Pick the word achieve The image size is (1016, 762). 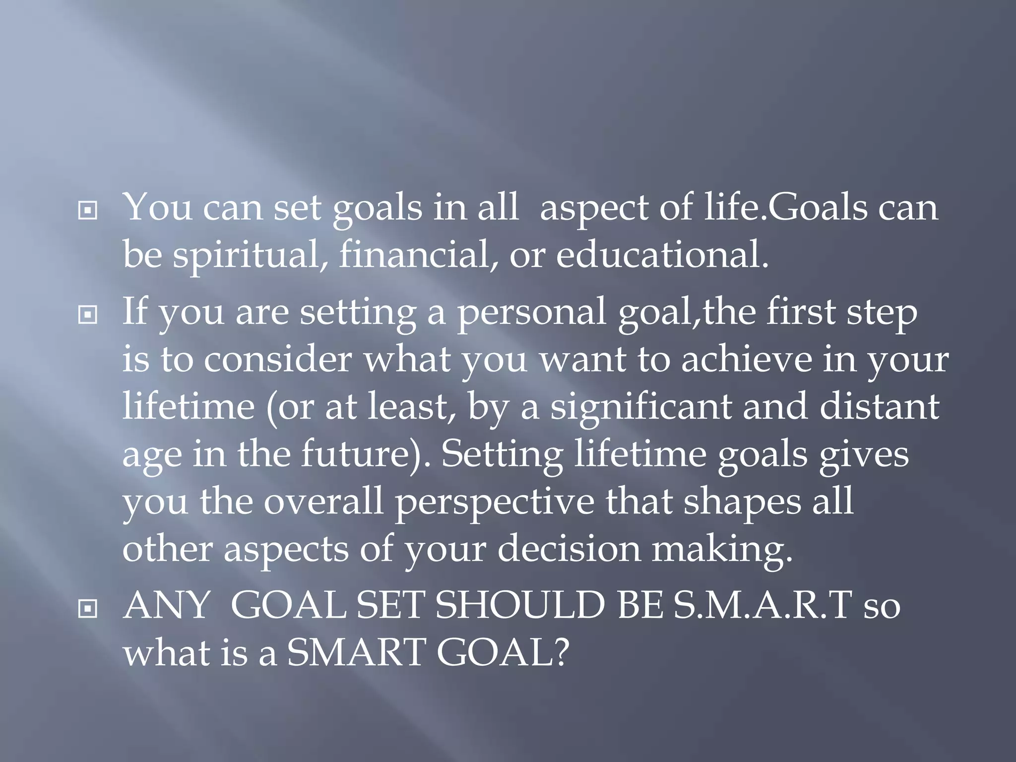point(746,360)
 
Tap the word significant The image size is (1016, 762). point(640,407)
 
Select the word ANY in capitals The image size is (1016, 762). point(167,606)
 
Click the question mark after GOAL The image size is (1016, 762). point(561,653)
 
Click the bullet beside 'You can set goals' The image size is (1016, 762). point(88,211)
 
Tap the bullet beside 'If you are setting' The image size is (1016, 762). point(88,315)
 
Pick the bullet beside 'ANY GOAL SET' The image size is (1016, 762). point(88,609)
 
